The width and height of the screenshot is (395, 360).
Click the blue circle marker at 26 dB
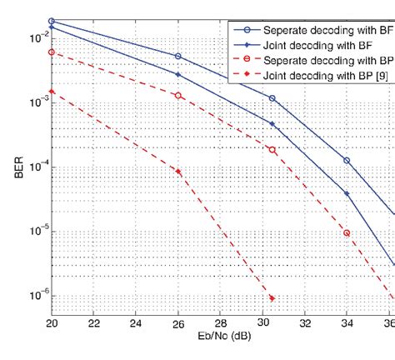click(x=178, y=57)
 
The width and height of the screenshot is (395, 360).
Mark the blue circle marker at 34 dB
click(x=347, y=161)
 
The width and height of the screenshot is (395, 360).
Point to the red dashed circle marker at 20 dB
click(x=52, y=52)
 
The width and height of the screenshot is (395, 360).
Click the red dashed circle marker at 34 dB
click(x=347, y=233)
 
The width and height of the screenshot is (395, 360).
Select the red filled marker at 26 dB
click(x=178, y=172)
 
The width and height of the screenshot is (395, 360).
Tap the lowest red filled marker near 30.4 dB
click(x=272, y=298)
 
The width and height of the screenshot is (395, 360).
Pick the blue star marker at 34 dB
click(x=347, y=193)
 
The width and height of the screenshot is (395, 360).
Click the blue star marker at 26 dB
click(x=178, y=74)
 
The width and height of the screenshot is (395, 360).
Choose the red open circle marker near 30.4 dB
click(x=272, y=150)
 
